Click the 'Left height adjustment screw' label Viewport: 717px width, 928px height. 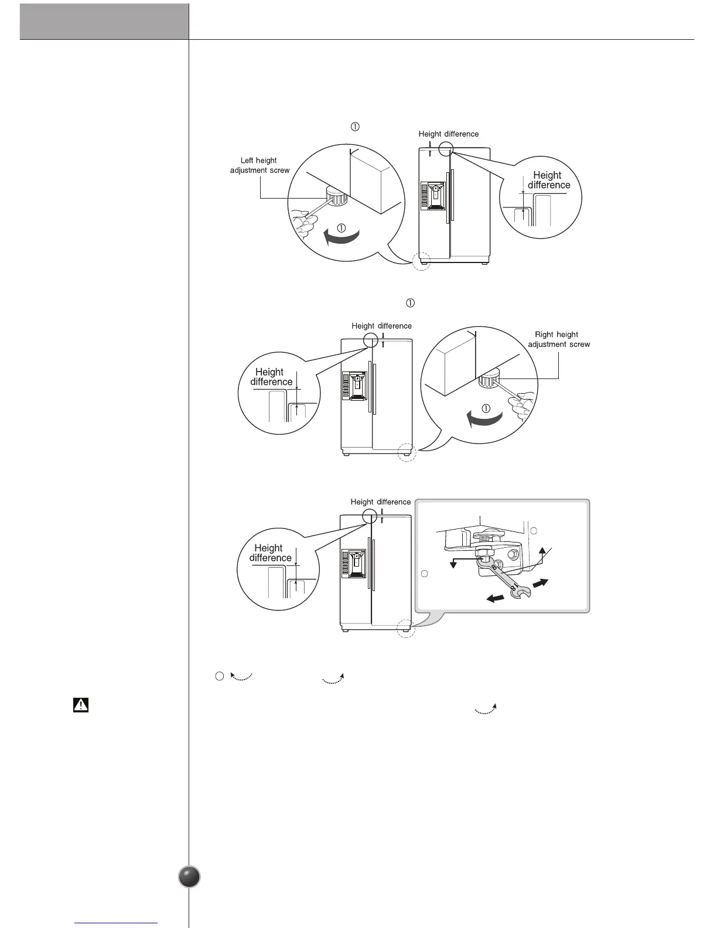259,165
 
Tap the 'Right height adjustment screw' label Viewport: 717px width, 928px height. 559,339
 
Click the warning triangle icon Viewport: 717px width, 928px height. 80,705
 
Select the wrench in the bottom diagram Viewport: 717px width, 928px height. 507,582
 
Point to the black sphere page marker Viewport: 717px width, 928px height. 189,876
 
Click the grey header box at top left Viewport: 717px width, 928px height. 104,22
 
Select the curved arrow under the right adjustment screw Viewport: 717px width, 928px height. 484,418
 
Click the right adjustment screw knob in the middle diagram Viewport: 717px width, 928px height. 487,377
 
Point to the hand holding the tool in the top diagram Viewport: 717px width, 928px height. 303,223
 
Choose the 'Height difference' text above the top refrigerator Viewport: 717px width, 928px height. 448,134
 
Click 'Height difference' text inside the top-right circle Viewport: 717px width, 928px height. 548,180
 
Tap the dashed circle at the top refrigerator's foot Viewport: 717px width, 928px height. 421,261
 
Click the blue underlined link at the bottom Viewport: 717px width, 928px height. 117,923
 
